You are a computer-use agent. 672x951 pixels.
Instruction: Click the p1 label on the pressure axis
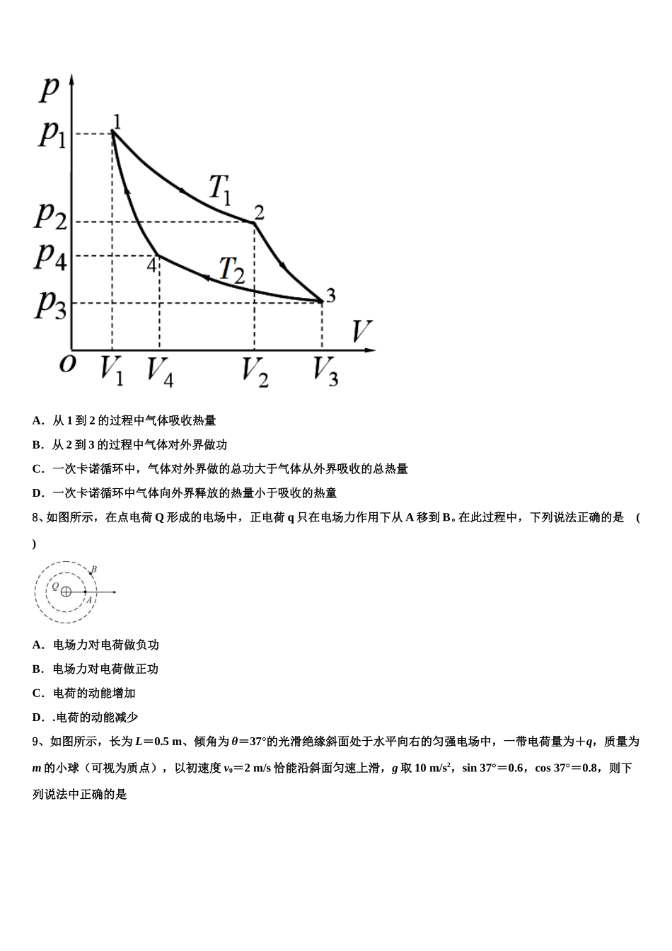[52, 133]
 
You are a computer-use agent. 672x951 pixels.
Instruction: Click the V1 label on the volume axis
[112, 370]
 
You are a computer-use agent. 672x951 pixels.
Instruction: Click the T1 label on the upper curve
[220, 188]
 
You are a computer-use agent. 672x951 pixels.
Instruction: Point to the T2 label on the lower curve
[231, 270]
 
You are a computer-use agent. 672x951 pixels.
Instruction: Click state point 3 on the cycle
[322, 301]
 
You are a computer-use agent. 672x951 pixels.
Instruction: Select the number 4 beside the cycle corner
[151, 265]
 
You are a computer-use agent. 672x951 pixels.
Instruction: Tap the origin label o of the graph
[67, 363]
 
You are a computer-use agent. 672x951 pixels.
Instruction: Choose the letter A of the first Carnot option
[37, 420]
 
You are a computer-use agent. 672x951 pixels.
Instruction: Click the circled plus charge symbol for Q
[66, 592]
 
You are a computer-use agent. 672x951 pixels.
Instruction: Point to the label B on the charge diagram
[94, 570]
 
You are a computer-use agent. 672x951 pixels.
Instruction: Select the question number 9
[36, 742]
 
